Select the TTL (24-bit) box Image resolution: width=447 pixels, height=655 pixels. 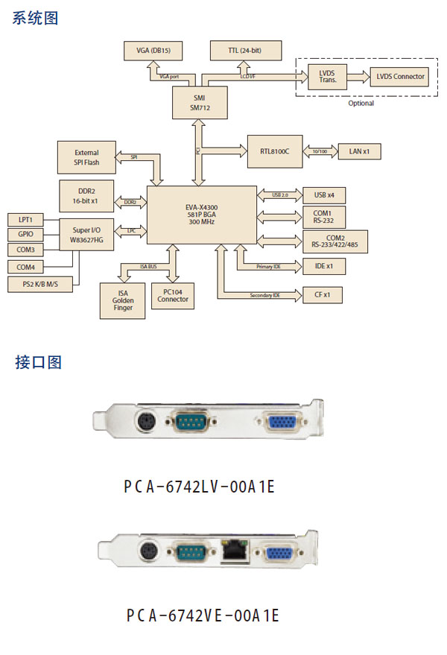tap(245, 51)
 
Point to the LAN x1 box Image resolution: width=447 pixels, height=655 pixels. tap(364, 151)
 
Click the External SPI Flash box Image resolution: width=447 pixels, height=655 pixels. tap(86, 157)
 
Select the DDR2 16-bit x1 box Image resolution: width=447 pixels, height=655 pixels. tap(86, 196)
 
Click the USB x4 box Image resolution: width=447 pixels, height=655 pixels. tap(324, 195)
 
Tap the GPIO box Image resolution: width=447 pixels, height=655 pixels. tap(26, 234)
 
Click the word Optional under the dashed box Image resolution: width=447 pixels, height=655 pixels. tap(361, 103)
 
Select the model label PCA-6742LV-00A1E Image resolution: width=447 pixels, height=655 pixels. tap(200, 487)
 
